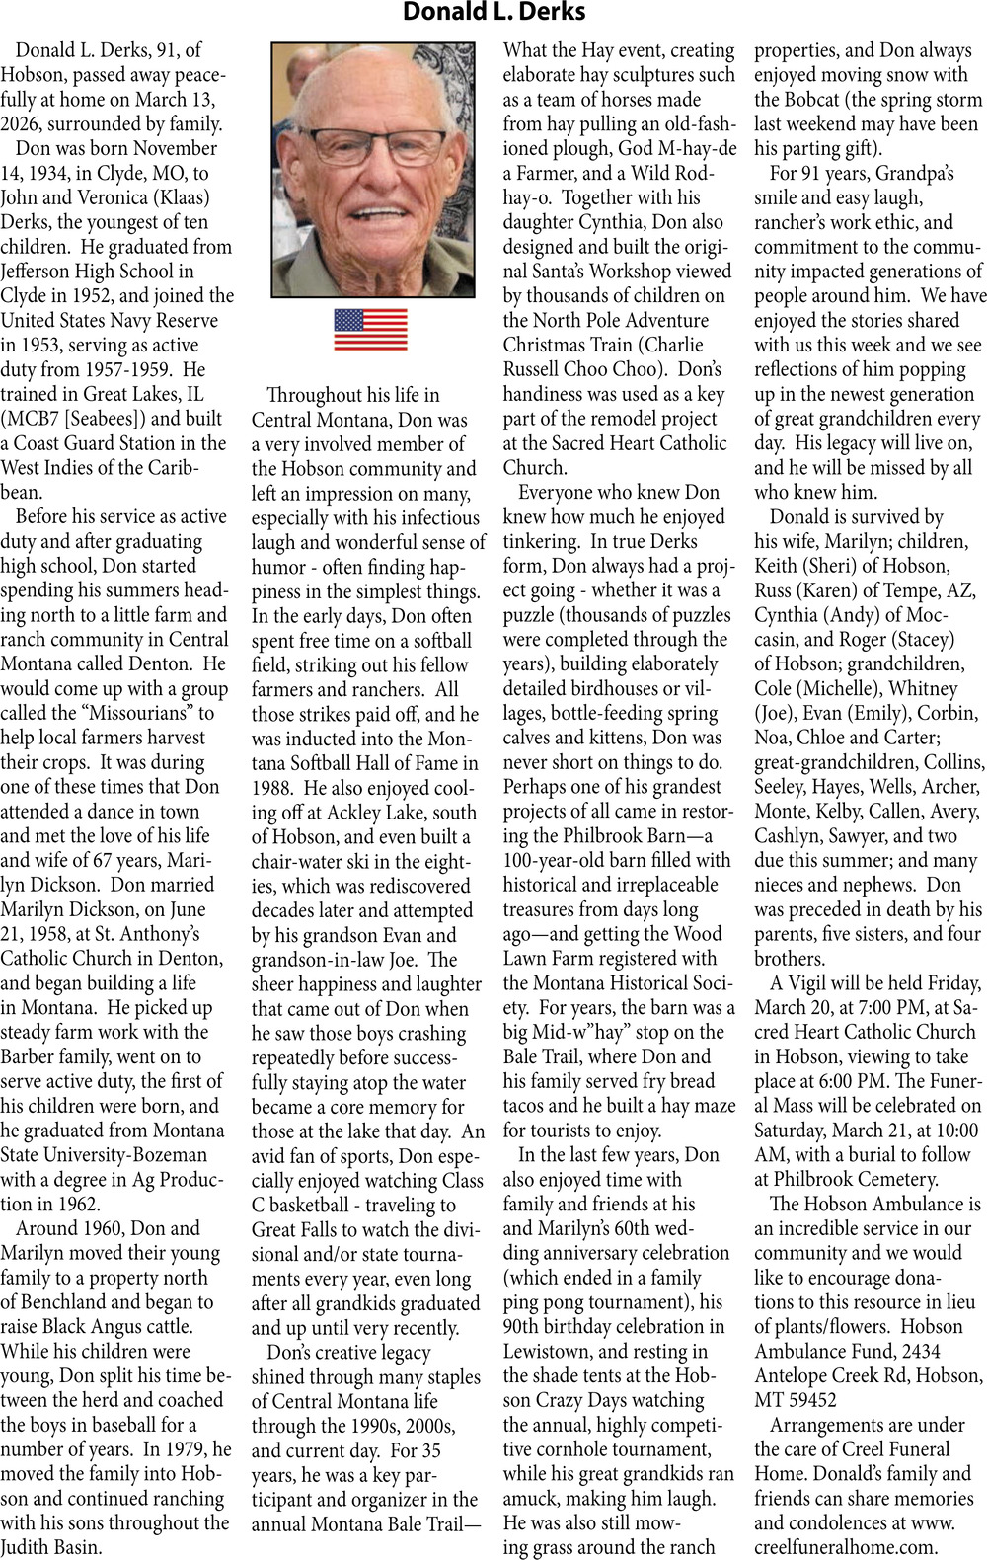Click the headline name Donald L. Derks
tap(493, 13)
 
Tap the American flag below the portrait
tap(370, 329)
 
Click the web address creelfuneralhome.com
tap(846, 1547)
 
